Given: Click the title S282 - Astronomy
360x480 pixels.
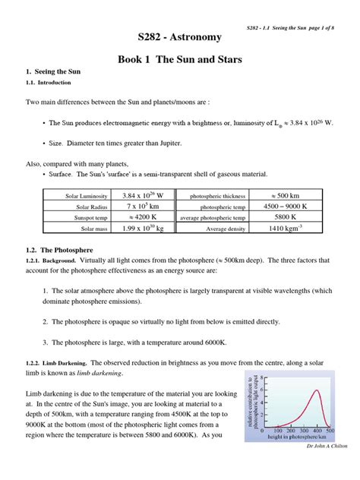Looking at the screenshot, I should point(179,36).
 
